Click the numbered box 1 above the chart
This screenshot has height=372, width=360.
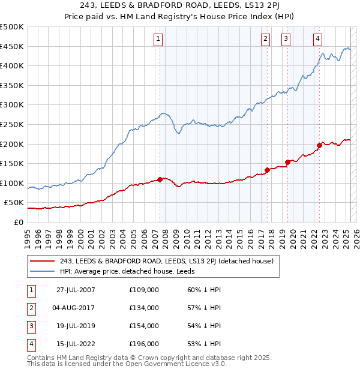158,39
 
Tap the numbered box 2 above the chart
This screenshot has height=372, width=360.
265,39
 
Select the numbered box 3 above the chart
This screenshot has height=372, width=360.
286,39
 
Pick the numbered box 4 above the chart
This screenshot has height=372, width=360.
317,39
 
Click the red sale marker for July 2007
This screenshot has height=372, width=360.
160,179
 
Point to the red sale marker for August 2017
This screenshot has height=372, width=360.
267,170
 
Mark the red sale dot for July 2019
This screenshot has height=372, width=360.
288,162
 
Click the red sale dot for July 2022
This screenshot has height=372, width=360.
319,145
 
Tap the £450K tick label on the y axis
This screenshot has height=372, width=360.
12,47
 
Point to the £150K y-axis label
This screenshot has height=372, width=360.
12,163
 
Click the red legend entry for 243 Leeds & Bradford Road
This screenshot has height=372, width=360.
166,261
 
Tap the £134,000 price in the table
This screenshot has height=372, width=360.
144,308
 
